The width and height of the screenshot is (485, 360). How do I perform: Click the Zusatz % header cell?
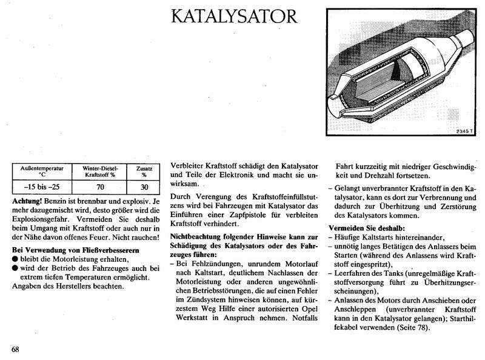pos(144,171)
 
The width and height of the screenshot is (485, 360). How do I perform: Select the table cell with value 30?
pos(144,187)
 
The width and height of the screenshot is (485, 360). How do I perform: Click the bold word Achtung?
pos(29,201)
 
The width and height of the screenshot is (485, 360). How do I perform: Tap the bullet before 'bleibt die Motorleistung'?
pos(16,259)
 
